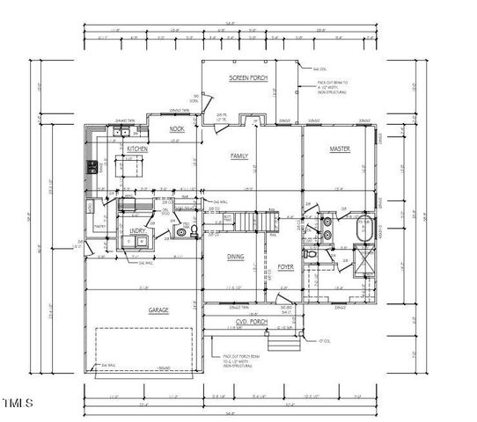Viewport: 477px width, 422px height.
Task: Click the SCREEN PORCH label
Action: coord(248,78)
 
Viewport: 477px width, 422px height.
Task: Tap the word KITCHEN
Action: coord(136,150)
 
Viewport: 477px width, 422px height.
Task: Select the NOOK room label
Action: coord(177,128)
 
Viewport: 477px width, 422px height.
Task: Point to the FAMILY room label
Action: coord(238,156)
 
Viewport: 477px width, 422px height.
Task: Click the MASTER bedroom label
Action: coord(340,149)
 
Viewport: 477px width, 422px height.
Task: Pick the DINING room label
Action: coord(235,257)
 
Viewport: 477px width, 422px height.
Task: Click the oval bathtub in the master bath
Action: coord(364,231)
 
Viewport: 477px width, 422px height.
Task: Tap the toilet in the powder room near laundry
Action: coord(181,233)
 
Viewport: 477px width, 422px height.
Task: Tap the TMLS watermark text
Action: coord(18,404)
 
